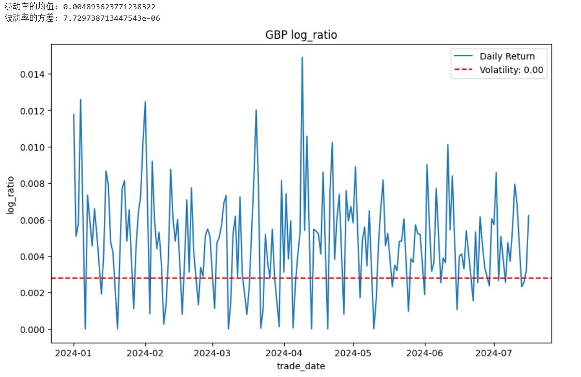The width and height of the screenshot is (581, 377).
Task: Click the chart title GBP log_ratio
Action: (301, 35)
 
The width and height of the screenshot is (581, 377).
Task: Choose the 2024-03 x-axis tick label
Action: (212, 354)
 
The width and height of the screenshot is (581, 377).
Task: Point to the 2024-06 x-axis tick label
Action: (425, 354)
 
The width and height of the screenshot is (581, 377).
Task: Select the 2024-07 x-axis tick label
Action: (494, 354)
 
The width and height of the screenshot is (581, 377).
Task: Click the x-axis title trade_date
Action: (301, 366)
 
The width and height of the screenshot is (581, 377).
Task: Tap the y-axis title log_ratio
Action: (10, 193)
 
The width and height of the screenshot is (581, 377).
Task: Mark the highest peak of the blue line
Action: (302, 57)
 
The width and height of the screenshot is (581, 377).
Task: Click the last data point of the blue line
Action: (528, 216)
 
